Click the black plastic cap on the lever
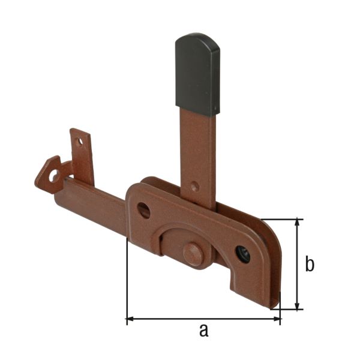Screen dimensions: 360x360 [x=197, y=73]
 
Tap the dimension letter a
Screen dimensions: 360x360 [x=203, y=329]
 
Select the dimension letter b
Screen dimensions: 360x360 [x=310, y=264]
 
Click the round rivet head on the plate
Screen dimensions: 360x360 [x=193, y=253]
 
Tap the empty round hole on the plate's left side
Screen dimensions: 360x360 [x=144, y=210]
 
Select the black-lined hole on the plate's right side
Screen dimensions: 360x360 [x=244, y=254]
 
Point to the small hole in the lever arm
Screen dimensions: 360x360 [x=194, y=187]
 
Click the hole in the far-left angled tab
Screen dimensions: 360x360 [x=53, y=175]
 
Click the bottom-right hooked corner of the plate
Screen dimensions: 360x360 [x=274, y=300]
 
